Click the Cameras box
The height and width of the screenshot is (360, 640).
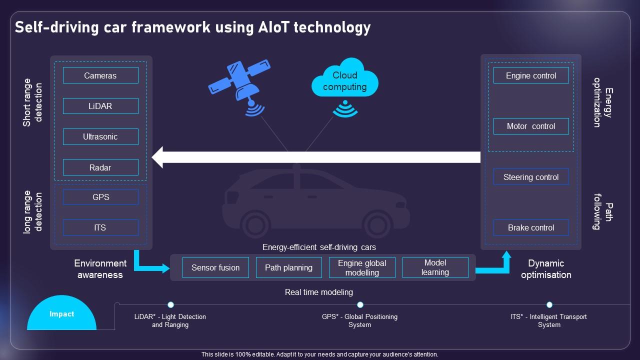100,75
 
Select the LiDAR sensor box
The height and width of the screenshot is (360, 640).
100,106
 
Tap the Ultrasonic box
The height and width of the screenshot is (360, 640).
100,136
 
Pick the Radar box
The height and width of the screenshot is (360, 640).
100,167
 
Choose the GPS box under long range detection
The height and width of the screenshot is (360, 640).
100,197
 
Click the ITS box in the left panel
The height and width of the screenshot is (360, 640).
100,227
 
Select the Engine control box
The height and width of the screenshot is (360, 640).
531,75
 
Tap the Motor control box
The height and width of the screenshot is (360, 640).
531,126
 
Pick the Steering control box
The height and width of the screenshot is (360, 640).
531,177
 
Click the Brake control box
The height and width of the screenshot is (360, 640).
531,227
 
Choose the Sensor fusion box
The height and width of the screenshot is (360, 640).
215,267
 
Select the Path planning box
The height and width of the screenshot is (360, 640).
288,267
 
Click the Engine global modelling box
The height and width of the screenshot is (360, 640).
362,267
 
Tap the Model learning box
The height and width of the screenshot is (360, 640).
435,267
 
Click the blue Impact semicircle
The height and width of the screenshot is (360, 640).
61,315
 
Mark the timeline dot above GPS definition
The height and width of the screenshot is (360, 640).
360,304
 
